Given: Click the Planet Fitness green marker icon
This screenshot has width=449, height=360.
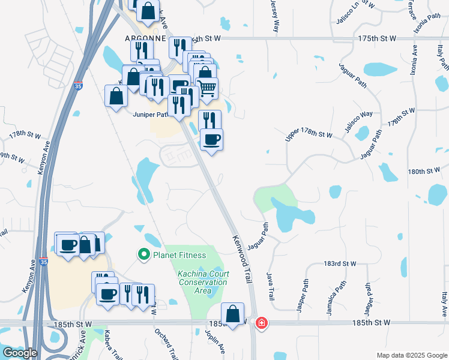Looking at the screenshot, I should (143, 255).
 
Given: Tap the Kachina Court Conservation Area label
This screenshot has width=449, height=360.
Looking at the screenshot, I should (202, 282).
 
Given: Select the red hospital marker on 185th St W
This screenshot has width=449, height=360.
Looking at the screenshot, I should (262, 323).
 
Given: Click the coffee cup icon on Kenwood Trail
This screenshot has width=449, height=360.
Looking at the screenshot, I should (211, 140).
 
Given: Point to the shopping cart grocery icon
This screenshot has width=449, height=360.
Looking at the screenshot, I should (206, 88).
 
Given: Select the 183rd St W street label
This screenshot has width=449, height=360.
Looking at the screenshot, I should (340, 264).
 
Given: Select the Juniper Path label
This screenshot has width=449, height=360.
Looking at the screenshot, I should (150, 115).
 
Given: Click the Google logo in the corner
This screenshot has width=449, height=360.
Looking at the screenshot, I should (19, 353).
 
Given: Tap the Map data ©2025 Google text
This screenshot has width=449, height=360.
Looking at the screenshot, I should (411, 355).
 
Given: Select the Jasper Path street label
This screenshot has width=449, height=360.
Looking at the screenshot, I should (302, 295).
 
